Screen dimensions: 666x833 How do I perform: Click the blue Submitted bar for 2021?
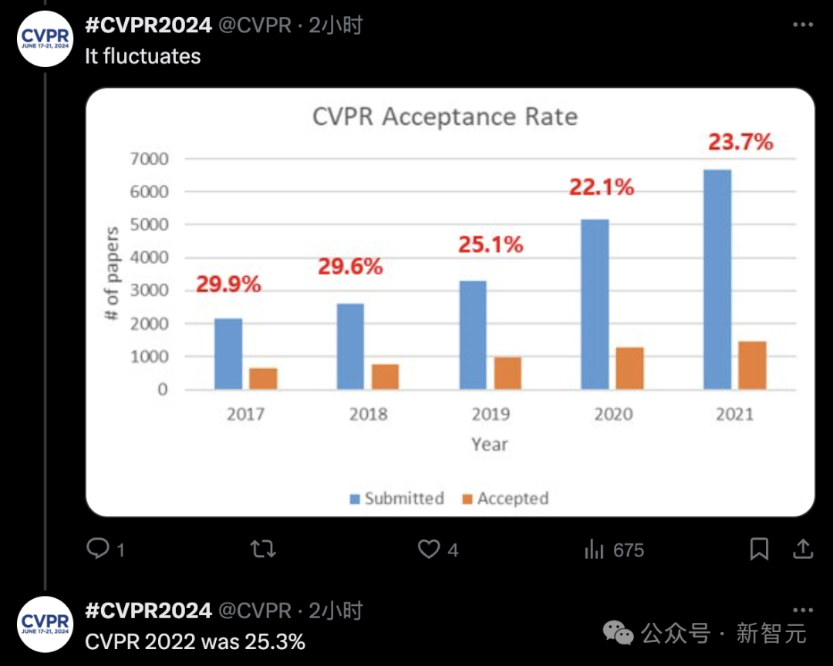(x=717, y=280)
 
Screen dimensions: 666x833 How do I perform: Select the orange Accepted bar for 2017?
(x=263, y=378)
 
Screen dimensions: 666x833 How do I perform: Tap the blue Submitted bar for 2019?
(x=473, y=335)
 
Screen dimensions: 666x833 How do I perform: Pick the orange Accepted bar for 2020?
(x=629, y=368)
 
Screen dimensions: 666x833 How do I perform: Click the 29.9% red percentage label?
(x=228, y=284)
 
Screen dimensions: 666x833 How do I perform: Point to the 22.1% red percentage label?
(x=602, y=187)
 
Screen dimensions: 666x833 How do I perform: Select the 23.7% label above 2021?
(x=740, y=142)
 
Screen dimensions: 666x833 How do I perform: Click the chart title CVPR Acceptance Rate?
(x=445, y=117)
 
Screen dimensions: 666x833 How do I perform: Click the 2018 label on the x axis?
(x=368, y=415)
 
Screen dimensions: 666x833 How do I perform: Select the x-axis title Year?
(x=490, y=444)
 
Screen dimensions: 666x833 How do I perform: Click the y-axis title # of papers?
(x=113, y=274)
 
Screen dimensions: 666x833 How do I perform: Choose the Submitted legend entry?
(x=396, y=499)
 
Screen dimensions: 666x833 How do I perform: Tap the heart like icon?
(x=429, y=550)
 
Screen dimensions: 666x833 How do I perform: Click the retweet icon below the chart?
(x=263, y=550)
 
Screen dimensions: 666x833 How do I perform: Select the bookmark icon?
(x=759, y=550)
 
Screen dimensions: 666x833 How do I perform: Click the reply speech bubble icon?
(x=98, y=549)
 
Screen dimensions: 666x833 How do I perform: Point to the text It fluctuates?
(x=143, y=56)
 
